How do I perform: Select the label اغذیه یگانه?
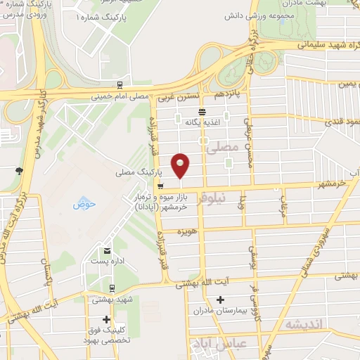tap(202, 122)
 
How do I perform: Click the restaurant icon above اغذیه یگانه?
tap(202, 112)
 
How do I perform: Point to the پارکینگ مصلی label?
tap(139, 172)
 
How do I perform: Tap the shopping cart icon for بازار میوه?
tap(161, 186)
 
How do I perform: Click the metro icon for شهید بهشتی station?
tap(112, 287)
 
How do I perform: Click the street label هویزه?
tap(186, 231)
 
